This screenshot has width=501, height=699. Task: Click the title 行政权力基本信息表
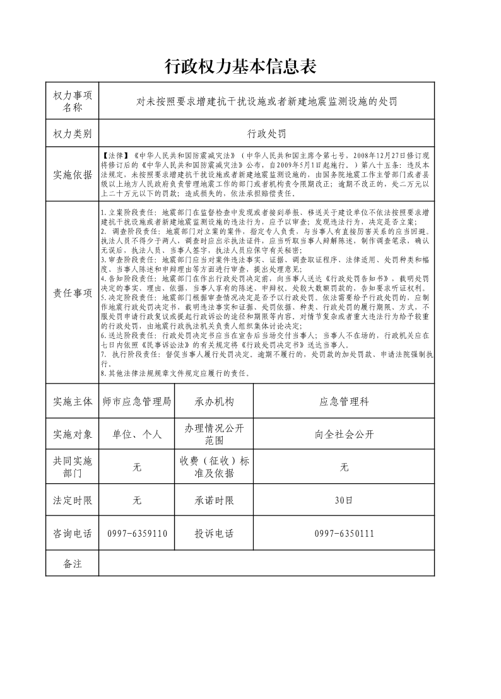click(x=240, y=66)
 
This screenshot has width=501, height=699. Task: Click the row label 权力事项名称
click(x=73, y=101)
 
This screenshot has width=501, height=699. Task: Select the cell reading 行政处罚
click(x=266, y=134)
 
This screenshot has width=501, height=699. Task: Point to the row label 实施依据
click(x=73, y=174)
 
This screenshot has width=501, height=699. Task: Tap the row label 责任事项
click(x=73, y=293)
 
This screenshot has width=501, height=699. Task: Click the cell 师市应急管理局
click(x=137, y=401)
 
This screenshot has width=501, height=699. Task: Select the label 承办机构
click(x=214, y=401)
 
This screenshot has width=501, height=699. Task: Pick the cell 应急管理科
click(x=344, y=401)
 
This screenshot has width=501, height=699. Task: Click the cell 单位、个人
click(x=137, y=434)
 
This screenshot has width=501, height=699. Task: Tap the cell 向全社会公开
click(x=344, y=434)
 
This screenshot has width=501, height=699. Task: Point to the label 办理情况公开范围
click(x=214, y=434)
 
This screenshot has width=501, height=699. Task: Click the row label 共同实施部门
click(x=73, y=467)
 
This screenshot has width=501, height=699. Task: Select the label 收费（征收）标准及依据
click(x=214, y=467)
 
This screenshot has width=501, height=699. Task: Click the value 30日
click(x=344, y=500)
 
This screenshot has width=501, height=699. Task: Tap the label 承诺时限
click(x=214, y=500)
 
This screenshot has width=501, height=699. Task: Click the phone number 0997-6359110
click(x=137, y=533)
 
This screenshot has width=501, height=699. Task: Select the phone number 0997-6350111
click(x=344, y=533)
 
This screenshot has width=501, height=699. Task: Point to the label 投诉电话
click(x=214, y=533)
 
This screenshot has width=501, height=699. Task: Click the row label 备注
click(x=73, y=563)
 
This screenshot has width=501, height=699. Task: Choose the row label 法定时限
click(x=73, y=500)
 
